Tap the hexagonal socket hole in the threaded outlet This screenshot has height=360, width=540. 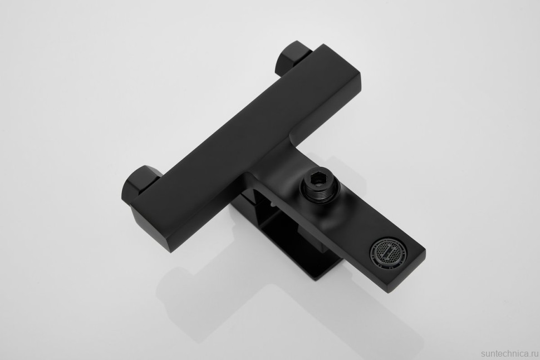click(316, 180)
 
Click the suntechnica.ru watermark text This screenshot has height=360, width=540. click(509, 354)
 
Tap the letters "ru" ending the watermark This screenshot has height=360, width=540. click(534, 354)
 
